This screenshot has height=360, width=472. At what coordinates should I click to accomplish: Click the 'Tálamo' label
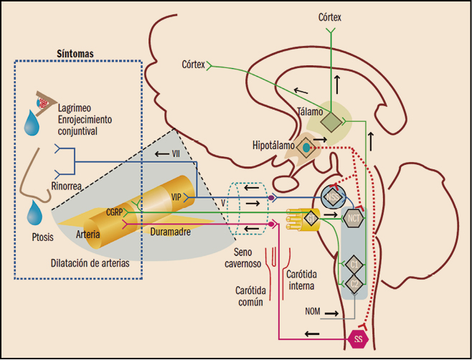[310, 110]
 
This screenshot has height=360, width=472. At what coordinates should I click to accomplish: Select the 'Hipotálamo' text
[273, 145]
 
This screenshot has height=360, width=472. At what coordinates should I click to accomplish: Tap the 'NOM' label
[313, 313]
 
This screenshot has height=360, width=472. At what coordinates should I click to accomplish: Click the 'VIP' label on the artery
[176, 196]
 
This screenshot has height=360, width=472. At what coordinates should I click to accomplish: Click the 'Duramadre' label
[171, 232]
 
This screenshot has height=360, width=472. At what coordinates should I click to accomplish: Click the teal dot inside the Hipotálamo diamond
[306, 147]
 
